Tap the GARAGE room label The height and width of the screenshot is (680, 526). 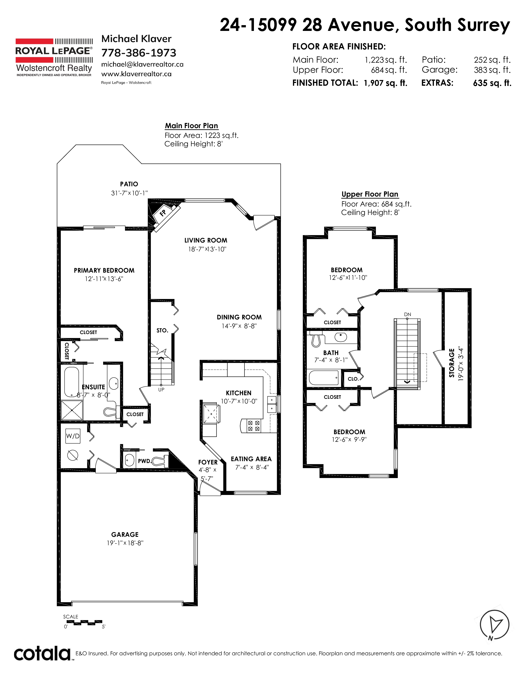click(x=125, y=534)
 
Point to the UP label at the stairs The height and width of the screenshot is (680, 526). click(x=161, y=389)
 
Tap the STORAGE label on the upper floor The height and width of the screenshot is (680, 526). click(x=452, y=363)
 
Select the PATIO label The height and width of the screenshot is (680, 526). click(x=129, y=184)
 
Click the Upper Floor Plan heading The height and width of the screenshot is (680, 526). click(x=370, y=194)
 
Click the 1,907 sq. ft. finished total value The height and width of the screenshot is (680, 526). click(x=386, y=83)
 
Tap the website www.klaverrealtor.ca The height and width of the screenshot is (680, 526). click(x=137, y=74)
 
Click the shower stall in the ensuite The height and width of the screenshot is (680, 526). click(x=72, y=410)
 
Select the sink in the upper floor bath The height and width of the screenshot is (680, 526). click(x=341, y=337)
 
